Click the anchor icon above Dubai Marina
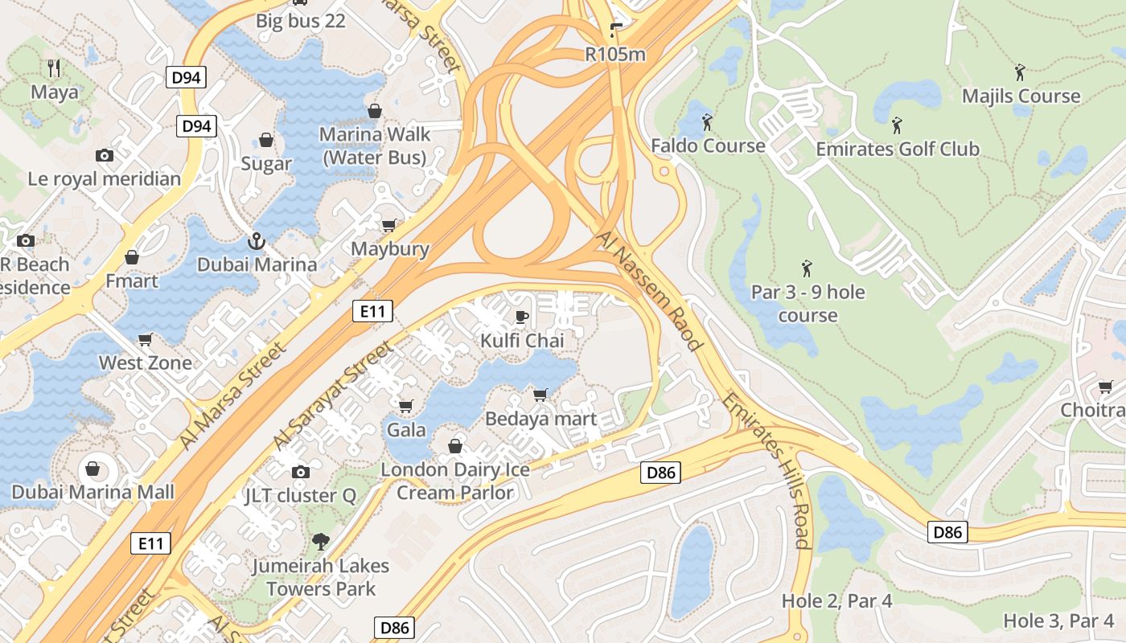(256, 240)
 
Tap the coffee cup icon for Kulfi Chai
(522, 317)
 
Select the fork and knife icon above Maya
(54, 68)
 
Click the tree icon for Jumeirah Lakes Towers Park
(320, 542)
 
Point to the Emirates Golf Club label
(898, 149)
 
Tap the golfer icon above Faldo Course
(708, 122)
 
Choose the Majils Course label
(1021, 96)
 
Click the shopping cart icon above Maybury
(389, 225)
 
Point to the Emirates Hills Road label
(775, 470)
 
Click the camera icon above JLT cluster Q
(300, 472)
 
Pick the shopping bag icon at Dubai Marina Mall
(92, 469)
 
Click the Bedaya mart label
(540, 419)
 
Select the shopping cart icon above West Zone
(146, 339)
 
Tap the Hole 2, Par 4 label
(836, 601)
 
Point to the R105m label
(615, 55)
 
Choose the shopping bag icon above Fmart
(132, 257)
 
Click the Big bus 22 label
(301, 21)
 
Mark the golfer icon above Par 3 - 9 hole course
(807, 268)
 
